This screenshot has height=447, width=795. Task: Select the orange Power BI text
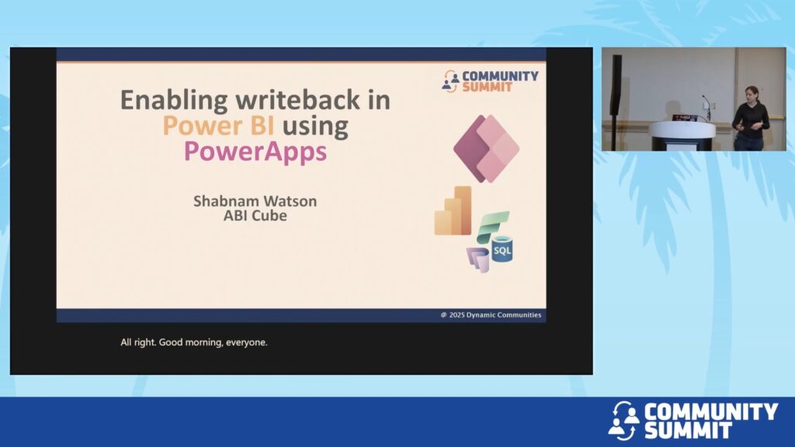click(x=218, y=125)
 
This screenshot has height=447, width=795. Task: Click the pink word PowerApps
click(x=255, y=151)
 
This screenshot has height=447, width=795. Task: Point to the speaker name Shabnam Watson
click(x=255, y=201)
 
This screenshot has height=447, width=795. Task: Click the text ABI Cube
click(x=255, y=216)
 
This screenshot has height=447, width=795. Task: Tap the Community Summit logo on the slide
click(x=490, y=81)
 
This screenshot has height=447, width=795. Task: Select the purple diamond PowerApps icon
click(x=486, y=148)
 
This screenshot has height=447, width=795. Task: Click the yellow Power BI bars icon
click(x=453, y=211)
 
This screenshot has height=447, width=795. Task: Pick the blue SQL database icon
click(x=502, y=249)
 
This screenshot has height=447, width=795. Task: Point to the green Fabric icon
click(x=493, y=227)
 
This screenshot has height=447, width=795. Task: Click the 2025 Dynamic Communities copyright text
click(x=491, y=315)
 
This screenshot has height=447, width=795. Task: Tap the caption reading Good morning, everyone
click(x=213, y=342)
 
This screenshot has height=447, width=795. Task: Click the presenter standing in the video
click(x=751, y=118)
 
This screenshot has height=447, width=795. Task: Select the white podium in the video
click(x=682, y=135)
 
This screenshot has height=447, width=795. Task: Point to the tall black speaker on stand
click(x=616, y=102)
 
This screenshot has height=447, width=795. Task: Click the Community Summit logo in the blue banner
click(x=693, y=420)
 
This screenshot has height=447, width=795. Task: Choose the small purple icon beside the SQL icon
click(x=478, y=259)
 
